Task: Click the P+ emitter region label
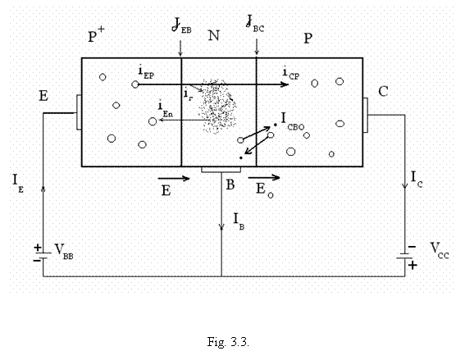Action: (97, 34)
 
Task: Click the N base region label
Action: (214, 35)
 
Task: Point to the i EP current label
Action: (146, 73)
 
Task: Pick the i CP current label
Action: (291, 74)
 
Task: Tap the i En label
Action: (166, 110)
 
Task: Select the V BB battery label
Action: (64, 252)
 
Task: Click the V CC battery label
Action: (440, 251)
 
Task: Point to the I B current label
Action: (239, 221)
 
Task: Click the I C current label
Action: (417, 180)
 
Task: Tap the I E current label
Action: (18, 184)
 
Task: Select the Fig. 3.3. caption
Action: (228, 342)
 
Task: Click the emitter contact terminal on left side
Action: (79, 112)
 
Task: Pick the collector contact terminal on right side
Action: (366, 115)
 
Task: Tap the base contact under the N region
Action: (221, 170)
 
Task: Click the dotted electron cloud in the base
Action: (219, 106)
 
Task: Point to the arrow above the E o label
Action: (264, 178)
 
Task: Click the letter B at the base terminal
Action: (230, 185)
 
